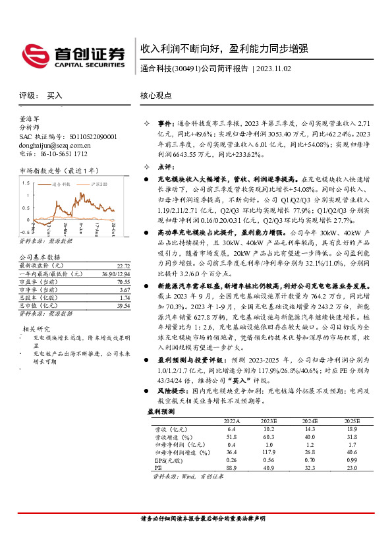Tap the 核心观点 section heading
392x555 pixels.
[156, 96]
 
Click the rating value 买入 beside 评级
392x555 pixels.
[55, 96]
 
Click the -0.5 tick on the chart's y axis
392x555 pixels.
[24, 232]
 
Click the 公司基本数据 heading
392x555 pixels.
[40, 257]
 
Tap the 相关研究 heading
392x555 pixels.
[37, 328]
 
